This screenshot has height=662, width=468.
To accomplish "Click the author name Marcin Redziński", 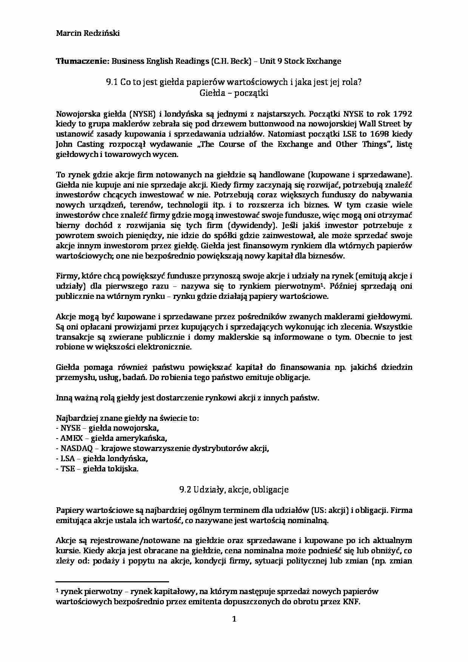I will [x=88, y=33].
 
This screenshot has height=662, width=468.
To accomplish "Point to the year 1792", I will [x=402, y=114].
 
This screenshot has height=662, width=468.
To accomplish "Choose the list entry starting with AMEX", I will [x=111, y=438].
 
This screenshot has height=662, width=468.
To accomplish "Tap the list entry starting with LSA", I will [x=102, y=459].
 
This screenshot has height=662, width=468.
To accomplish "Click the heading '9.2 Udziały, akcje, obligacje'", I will [x=234, y=490].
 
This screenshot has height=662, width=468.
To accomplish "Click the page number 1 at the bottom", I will [x=234, y=619].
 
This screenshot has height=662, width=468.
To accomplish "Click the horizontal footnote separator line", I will [x=112, y=582].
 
